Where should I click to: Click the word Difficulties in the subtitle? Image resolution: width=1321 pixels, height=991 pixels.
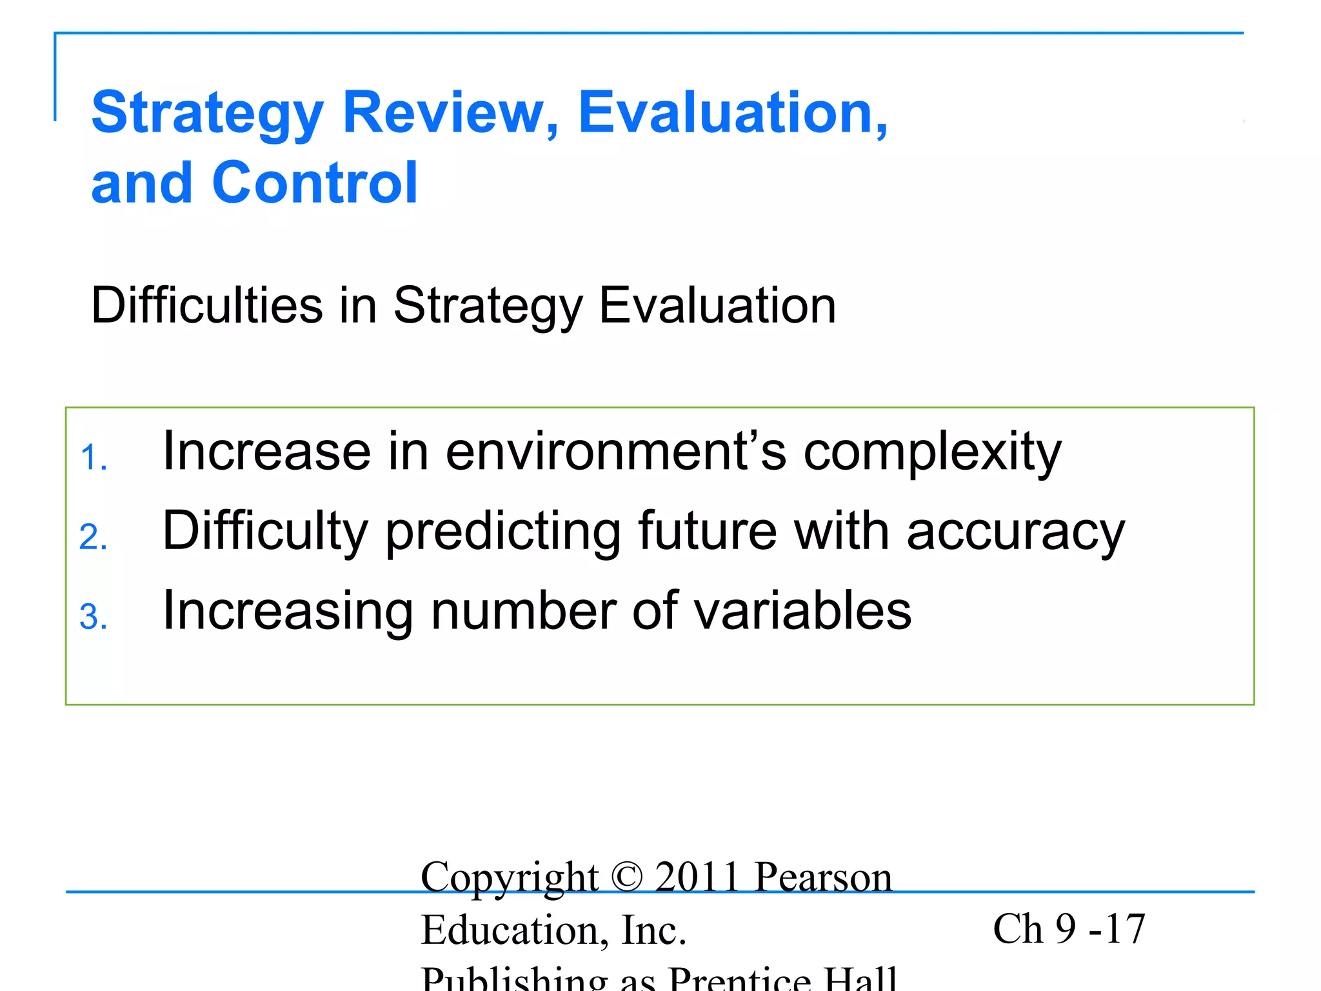207,305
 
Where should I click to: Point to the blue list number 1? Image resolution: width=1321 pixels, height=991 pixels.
93,459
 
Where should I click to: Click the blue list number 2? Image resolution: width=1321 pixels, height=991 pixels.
93,537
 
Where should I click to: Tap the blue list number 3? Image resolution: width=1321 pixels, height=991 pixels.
93,617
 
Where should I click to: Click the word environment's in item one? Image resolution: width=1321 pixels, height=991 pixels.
616,452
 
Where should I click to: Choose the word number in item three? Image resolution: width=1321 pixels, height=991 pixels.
523,611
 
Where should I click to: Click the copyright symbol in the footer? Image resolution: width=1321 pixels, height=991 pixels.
626,877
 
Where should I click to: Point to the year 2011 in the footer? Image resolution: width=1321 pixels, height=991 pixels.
697,877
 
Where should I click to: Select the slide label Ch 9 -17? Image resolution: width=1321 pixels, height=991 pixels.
1068,929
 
